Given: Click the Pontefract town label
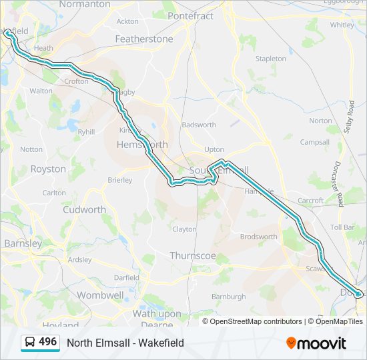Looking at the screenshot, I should click(190, 15).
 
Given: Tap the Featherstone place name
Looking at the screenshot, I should click(143, 39).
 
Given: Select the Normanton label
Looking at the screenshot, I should click(85, 4).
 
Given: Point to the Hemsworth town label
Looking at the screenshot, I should click(142, 144).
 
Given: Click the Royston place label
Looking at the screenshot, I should click(48, 169).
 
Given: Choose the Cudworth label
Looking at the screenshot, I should click(84, 209).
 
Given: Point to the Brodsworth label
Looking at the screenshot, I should click(258, 237).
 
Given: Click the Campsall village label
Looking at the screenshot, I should click(315, 142).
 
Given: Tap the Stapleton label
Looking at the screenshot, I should click(270, 59).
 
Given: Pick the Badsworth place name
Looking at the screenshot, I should click(199, 125).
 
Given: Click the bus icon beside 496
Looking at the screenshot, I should click(30, 343).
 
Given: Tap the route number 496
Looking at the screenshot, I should click(48, 342).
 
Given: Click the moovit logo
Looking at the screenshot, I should click(316, 343).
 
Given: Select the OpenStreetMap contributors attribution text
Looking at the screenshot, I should click(256, 321).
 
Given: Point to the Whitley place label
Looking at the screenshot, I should click(342, 25).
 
